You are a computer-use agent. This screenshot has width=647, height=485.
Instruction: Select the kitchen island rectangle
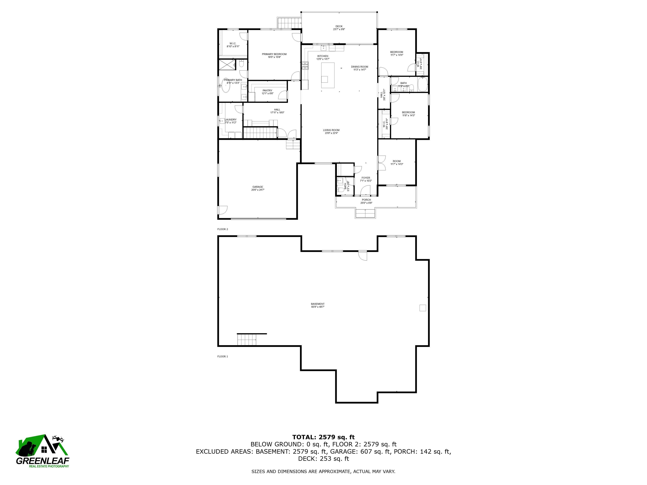click(x=328, y=75)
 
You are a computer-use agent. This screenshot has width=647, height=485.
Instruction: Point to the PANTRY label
click(x=267, y=91)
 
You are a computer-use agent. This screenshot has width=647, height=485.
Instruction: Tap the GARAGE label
click(x=258, y=187)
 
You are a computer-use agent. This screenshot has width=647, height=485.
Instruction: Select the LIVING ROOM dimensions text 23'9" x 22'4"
click(x=331, y=133)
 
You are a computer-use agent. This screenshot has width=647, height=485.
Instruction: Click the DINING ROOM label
click(x=360, y=67)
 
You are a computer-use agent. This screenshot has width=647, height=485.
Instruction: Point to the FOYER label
click(x=366, y=178)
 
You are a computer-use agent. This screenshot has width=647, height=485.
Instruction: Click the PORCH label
click(x=366, y=200)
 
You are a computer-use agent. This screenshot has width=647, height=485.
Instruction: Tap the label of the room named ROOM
click(x=397, y=161)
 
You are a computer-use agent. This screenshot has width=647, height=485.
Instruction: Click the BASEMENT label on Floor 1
click(x=318, y=304)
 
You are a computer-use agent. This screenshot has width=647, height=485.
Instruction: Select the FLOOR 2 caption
click(x=223, y=229)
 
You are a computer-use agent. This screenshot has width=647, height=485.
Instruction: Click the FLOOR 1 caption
click(x=223, y=356)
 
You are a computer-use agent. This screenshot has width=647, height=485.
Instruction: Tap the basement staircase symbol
click(x=247, y=340)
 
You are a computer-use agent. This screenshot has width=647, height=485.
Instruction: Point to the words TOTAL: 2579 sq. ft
click(x=323, y=437)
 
